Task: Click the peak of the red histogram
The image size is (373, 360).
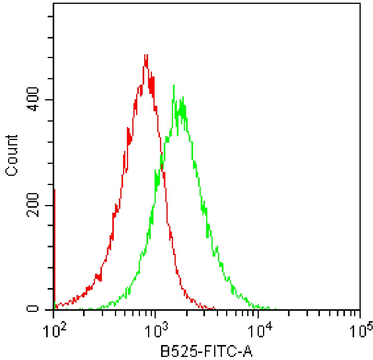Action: click(145, 55)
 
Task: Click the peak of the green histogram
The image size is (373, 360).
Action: click(174, 85)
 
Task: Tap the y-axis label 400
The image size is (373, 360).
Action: click(34, 100)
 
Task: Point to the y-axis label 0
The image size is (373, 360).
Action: click(34, 309)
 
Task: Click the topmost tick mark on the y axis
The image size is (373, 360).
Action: click(49, 17)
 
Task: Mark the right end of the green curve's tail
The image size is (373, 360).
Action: click(275, 308)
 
